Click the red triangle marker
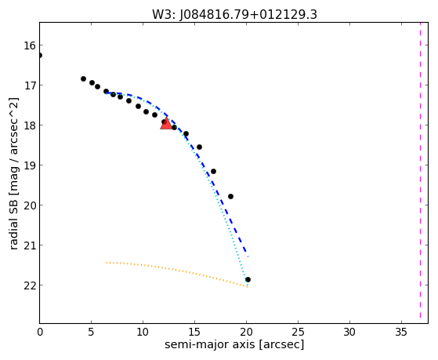[166, 124]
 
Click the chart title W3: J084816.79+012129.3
[234, 15]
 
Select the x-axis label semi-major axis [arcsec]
[234, 344]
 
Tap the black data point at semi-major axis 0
[40, 56]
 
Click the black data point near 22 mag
[248, 279]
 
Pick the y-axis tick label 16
[30, 45]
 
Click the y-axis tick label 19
[30, 165]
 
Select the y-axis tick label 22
[30, 285]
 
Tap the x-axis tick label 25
[298, 332]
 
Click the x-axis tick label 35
[401, 332]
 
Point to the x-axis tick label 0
[40, 332]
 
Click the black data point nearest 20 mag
[230, 197]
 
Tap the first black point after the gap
[83, 79]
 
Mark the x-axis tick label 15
[194, 332]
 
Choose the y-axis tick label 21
[30, 245]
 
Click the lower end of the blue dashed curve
[248, 256]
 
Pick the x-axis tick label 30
[349, 332]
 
